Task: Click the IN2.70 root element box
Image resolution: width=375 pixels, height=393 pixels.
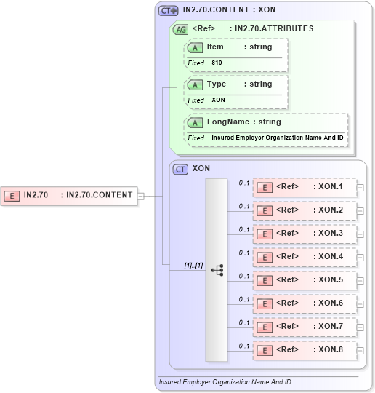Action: (70, 195)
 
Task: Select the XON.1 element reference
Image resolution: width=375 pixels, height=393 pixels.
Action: (305, 187)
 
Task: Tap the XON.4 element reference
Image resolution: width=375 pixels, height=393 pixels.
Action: (305, 257)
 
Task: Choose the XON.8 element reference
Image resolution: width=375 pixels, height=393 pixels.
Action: (305, 350)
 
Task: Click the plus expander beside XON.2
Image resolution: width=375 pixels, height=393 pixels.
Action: (360, 210)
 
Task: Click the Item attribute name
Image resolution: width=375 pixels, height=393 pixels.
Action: (215, 47)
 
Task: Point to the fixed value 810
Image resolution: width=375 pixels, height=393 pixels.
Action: (217, 63)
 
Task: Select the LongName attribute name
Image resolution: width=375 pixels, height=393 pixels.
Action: (228, 122)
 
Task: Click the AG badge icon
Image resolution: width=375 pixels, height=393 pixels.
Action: (180, 30)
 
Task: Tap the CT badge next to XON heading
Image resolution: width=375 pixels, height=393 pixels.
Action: (180, 169)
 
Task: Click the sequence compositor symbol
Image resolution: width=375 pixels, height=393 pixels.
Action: (217, 269)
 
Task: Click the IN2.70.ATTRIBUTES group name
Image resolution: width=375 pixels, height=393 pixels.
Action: (271, 29)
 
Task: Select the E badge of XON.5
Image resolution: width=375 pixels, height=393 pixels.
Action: (265, 280)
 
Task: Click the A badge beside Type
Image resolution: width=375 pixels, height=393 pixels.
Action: (195, 84)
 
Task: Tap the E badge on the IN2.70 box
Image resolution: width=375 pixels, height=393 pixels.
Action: (12, 195)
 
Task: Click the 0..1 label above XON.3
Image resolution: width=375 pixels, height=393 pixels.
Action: (244, 229)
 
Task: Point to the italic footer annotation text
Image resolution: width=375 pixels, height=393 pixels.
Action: (225, 381)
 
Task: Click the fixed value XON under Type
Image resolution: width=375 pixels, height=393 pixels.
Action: (218, 100)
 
